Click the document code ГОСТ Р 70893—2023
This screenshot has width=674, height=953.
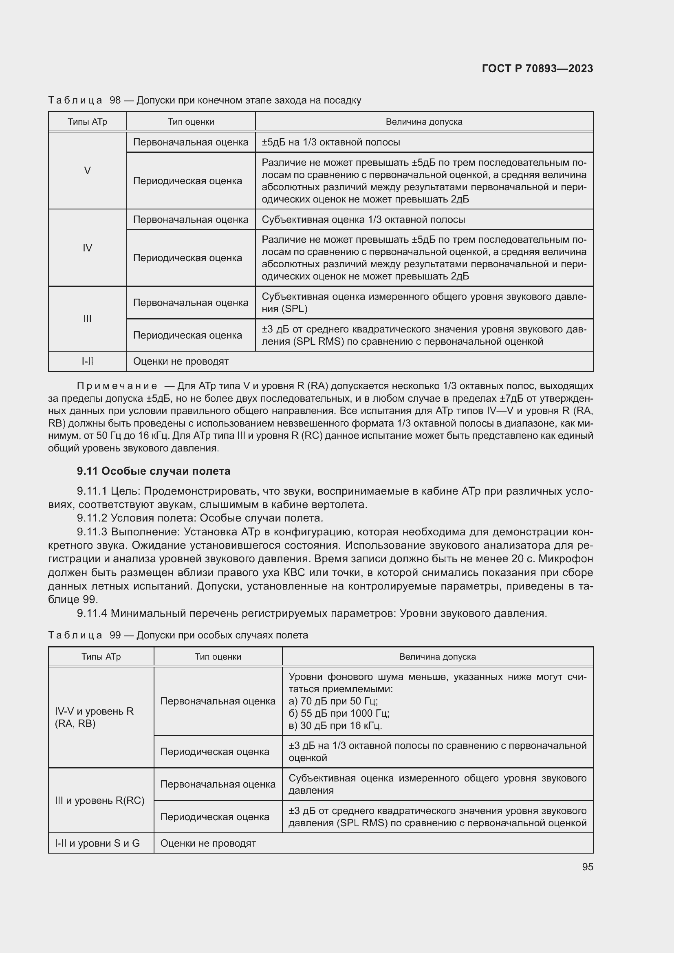(x=537, y=68)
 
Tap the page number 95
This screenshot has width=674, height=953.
(x=587, y=867)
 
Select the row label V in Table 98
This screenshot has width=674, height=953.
(x=87, y=171)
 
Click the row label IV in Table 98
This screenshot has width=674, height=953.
(x=87, y=248)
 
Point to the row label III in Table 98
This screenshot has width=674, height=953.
(x=87, y=319)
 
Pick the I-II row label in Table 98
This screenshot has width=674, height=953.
(x=87, y=361)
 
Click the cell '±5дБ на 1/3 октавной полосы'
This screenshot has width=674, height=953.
(x=331, y=142)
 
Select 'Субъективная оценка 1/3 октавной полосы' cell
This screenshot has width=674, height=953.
(x=363, y=220)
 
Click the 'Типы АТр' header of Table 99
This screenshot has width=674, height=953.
(x=101, y=657)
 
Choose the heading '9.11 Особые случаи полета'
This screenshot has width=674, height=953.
(x=153, y=471)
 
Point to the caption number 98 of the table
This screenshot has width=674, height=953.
(x=115, y=101)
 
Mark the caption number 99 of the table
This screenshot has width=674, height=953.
(x=115, y=636)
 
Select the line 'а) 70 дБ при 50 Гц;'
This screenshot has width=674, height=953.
(x=333, y=701)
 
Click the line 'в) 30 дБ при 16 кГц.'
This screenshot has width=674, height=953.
(x=335, y=726)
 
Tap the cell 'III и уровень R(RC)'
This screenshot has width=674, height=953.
(x=99, y=800)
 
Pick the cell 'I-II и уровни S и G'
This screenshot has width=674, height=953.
(x=97, y=843)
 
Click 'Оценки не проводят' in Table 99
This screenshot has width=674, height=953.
(x=208, y=843)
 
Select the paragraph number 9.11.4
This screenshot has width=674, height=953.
(x=92, y=613)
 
